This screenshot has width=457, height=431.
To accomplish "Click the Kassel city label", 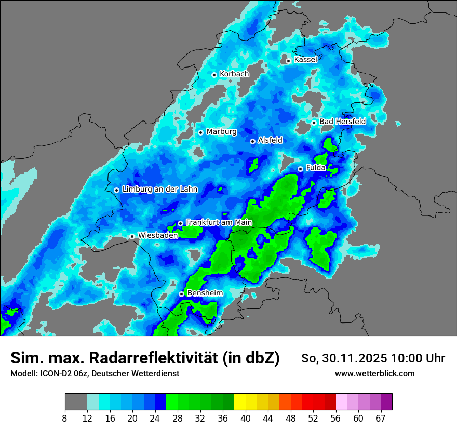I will click(x=305, y=60).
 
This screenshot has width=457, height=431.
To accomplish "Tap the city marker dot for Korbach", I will click(x=214, y=75).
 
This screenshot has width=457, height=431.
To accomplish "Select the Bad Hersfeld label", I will click(x=342, y=122).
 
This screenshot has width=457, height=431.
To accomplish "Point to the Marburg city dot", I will click(x=200, y=132).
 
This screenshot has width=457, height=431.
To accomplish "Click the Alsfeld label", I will click(x=270, y=140).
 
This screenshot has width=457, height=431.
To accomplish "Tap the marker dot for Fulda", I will click(x=300, y=169).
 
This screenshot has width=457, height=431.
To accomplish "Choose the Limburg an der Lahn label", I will click(x=160, y=189).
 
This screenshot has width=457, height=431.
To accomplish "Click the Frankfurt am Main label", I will click(x=219, y=222).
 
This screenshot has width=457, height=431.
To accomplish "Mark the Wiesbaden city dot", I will click(x=132, y=237).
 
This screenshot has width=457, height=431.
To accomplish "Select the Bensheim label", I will click(x=205, y=293).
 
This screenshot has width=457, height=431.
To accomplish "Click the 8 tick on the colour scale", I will click(x=65, y=419).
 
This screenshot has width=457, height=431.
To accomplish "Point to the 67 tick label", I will click(x=381, y=419).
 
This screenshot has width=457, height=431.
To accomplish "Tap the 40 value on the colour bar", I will click(x=245, y=419).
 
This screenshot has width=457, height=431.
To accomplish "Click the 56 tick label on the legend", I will click(x=335, y=419).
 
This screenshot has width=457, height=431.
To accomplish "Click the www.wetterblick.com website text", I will click(x=375, y=374).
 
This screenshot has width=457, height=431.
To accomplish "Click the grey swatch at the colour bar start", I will click(x=76, y=402).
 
